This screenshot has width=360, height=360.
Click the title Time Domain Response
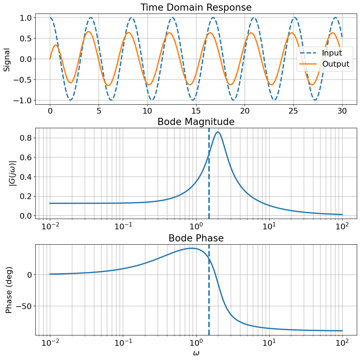pos(196,7)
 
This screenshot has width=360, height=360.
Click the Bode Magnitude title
pos(196,122)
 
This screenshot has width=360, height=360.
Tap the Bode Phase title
pos(196,238)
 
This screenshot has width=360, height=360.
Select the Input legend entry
pos(332,53)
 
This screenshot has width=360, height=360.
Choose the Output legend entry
pos(335,64)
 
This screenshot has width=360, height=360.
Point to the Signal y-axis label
pos(7,59)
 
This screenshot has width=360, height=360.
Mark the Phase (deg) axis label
pos(9,290)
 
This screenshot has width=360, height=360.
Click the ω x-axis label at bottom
pos(196,353)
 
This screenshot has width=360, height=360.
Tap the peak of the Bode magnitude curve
pos(218,132)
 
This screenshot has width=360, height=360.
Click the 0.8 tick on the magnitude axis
pos(26,138)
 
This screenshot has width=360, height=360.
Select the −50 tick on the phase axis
pos(24,306)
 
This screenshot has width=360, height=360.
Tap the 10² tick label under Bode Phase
pos(342,343)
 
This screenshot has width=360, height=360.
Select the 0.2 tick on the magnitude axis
pos(26,196)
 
